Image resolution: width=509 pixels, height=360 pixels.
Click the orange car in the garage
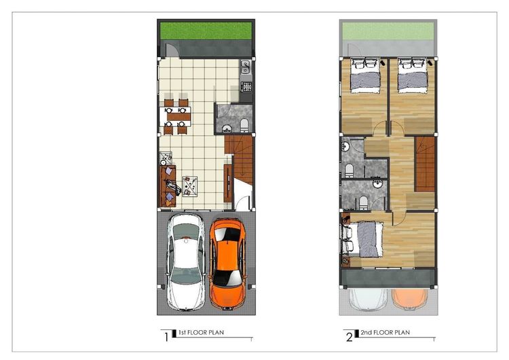pos(227,263)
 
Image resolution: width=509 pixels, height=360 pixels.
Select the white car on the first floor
pos(186,262)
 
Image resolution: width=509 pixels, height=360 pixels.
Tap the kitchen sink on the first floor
pos(246,67)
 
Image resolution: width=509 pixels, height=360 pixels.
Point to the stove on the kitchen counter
pos(246,87)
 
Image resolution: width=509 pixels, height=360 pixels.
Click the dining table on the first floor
pos(175,117)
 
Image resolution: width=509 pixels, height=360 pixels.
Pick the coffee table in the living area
pos(189,186)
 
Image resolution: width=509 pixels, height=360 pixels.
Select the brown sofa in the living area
pos(168,186)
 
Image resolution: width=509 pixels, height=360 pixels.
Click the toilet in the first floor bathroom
pos(244,126)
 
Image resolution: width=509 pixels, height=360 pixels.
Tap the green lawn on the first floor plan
pos(206,31)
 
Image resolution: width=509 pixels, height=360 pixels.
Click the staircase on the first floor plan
pos(239,159)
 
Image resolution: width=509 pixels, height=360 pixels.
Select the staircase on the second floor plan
pos(425,164)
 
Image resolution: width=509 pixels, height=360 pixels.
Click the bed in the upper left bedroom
pos(365,75)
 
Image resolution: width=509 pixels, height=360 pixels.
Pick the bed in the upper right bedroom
pos(412,75)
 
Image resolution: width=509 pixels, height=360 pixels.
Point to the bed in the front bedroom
pos(362,239)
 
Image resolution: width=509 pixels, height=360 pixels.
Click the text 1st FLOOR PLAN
pos(201,332)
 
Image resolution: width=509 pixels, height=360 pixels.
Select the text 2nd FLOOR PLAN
pos(385,332)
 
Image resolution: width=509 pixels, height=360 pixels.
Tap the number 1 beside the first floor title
pos(166,338)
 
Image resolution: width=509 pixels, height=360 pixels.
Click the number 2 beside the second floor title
pos(350,338)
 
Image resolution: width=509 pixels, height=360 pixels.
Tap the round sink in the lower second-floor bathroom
pos(377,183)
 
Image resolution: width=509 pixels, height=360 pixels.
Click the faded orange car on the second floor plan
pos(409,298)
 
